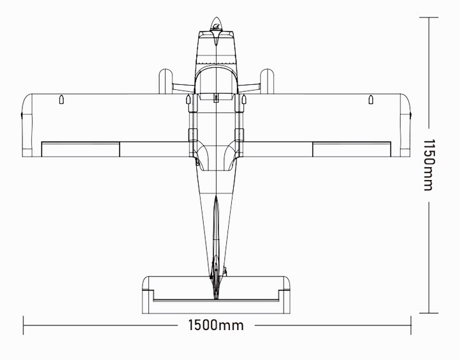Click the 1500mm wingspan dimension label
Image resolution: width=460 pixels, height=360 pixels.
point(216,326)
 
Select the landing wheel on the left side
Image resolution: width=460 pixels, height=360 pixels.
point(165,80)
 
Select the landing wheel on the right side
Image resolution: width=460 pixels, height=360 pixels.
point(267,80)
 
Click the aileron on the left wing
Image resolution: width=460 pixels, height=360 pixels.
point(80,149)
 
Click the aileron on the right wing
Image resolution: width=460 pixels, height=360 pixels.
point(352,149)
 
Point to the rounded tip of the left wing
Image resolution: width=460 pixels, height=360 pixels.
point(27,124)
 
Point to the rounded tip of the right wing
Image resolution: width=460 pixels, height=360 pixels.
point(406,124)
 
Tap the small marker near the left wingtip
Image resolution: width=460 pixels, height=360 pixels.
point(61,100)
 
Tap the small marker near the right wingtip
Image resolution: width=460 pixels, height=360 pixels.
point(371,100)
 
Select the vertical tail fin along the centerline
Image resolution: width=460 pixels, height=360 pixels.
point(216,243)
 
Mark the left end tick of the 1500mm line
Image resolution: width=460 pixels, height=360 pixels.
point(24,326)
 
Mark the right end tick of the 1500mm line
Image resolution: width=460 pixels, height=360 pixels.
point(411,326)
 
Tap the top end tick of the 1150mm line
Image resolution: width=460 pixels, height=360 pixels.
point(429,17)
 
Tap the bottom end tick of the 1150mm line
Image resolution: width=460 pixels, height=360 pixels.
point(429,313)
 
